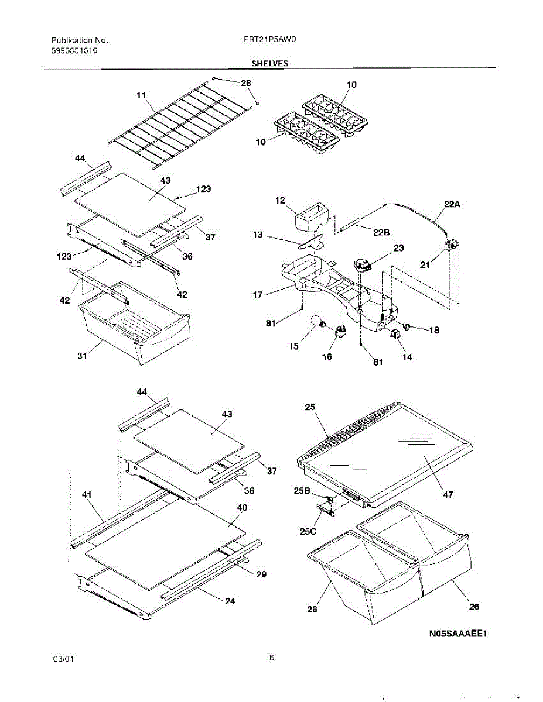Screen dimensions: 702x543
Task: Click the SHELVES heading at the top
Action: point(269,63)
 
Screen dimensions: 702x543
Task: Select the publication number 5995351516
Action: point(74,51)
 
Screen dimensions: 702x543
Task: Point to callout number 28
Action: point(245,82)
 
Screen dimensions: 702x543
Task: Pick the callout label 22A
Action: point(451,204)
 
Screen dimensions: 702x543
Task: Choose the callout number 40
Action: point(241,508)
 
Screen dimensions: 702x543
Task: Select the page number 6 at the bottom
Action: point(272,658)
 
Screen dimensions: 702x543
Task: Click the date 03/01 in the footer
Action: point(63,659)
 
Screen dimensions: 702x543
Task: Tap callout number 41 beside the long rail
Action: point(87,495)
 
